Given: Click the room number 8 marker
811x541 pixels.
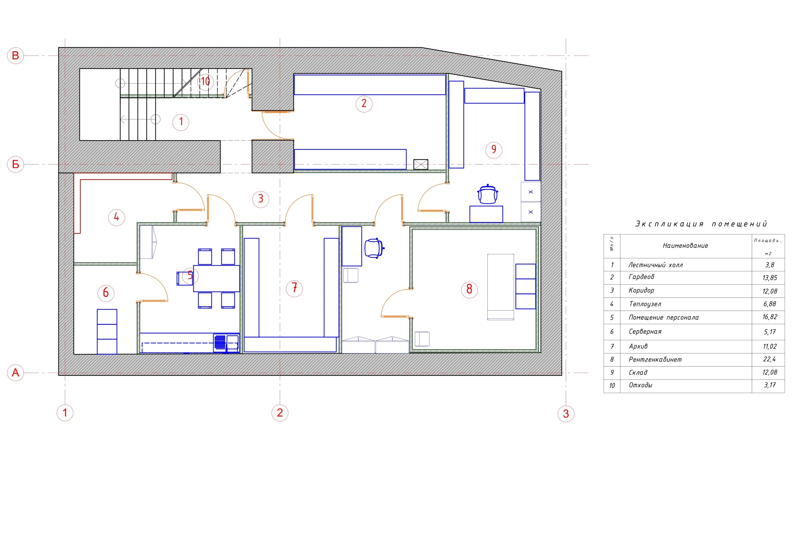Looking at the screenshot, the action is (469, 289).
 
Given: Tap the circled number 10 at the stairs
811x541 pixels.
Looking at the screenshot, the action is (205, 82).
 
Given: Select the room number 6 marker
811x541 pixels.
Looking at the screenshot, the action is (106, 293).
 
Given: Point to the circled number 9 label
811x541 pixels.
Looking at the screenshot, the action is (494, 150).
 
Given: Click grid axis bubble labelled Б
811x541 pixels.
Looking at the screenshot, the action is (15, 164).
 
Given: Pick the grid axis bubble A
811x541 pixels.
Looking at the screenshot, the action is (15, 373).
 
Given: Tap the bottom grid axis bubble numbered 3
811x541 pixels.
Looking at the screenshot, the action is (566, 414).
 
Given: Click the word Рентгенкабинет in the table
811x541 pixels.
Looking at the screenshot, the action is (655, 359).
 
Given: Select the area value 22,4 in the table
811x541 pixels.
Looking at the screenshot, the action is (769, 359).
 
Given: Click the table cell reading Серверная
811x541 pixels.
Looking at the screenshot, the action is (645, 332).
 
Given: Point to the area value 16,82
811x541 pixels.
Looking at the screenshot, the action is (770, 317).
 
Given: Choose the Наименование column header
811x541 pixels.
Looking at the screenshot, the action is (685, 246).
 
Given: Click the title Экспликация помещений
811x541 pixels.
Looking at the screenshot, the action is (701, 224).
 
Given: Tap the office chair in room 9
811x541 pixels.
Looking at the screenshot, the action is (488, 194).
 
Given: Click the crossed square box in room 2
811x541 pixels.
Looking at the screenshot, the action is (421, 164).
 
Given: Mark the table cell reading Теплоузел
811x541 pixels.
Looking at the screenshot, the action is (645, 304).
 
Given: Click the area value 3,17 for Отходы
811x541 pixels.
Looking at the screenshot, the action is (770, 385).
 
